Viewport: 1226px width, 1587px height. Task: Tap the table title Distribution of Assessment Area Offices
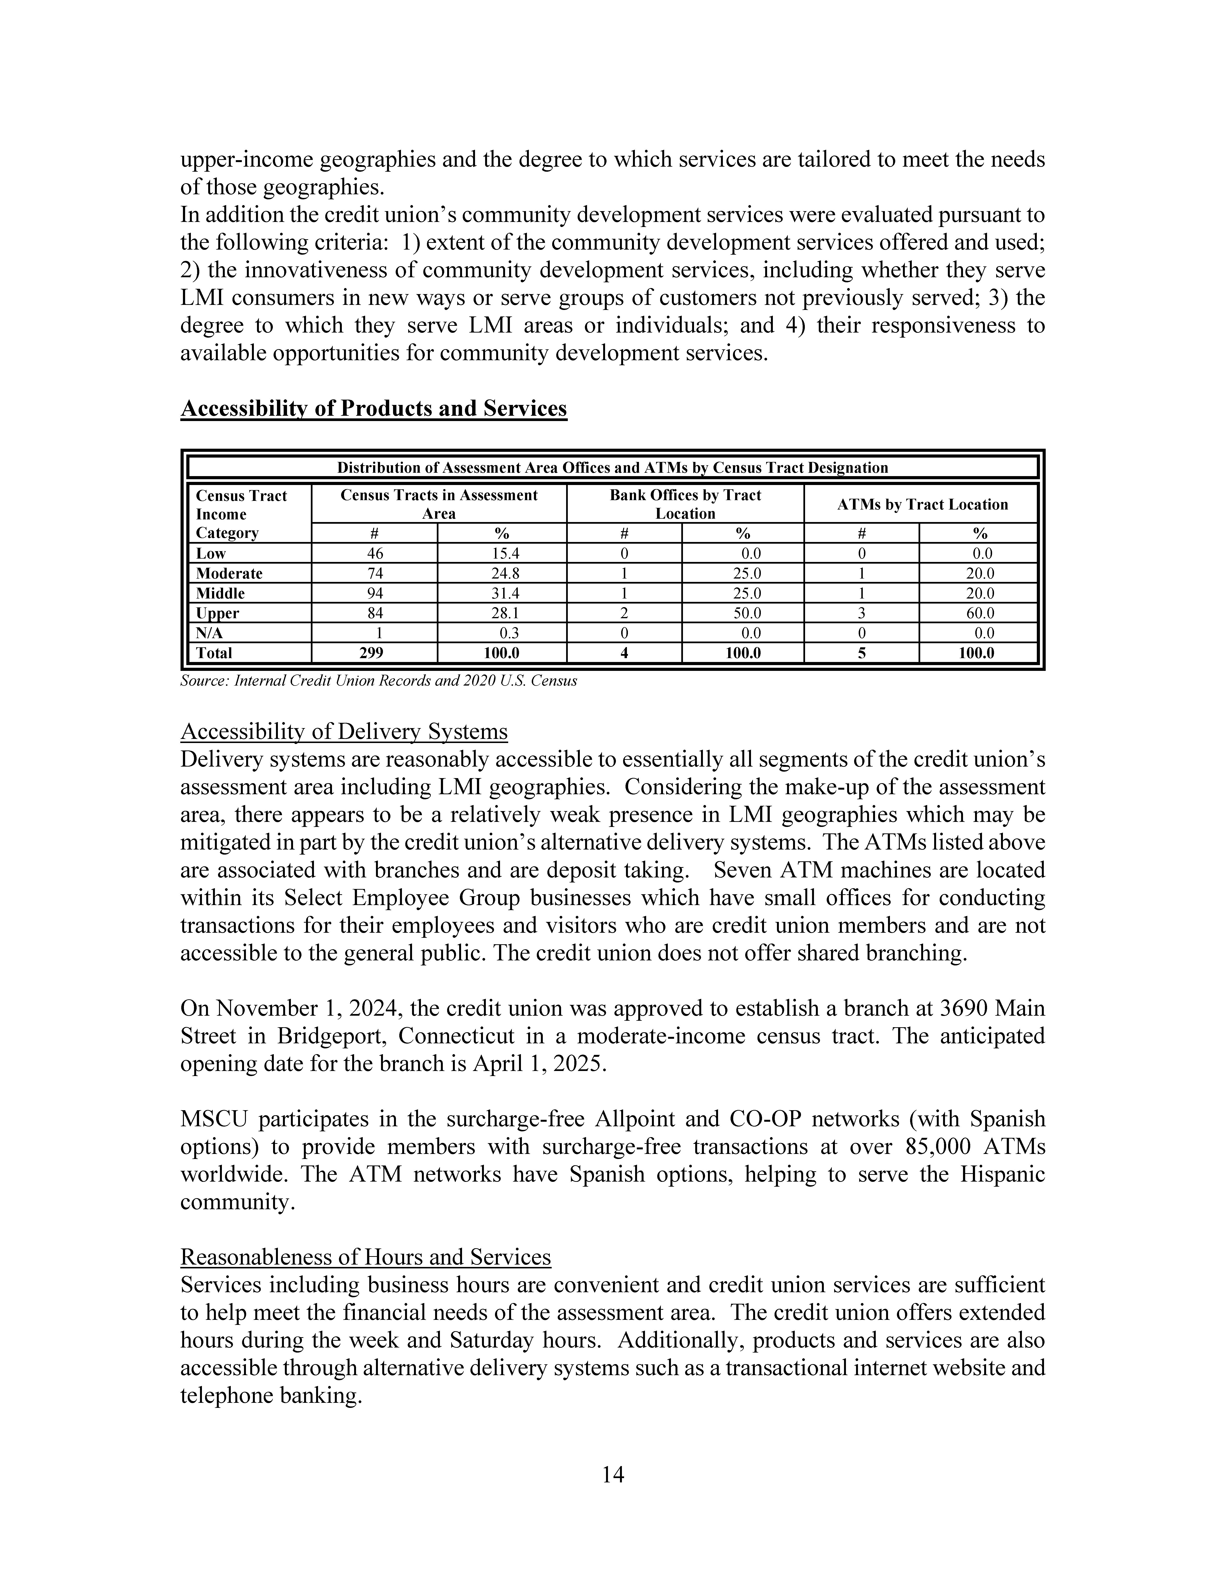[612, 468]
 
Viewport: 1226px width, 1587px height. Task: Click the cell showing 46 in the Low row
[375, 553]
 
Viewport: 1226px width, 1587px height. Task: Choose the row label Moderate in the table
[230, 573]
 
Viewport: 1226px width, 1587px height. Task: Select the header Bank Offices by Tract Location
[685, 504]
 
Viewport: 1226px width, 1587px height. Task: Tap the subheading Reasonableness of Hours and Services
[365, 1257]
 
